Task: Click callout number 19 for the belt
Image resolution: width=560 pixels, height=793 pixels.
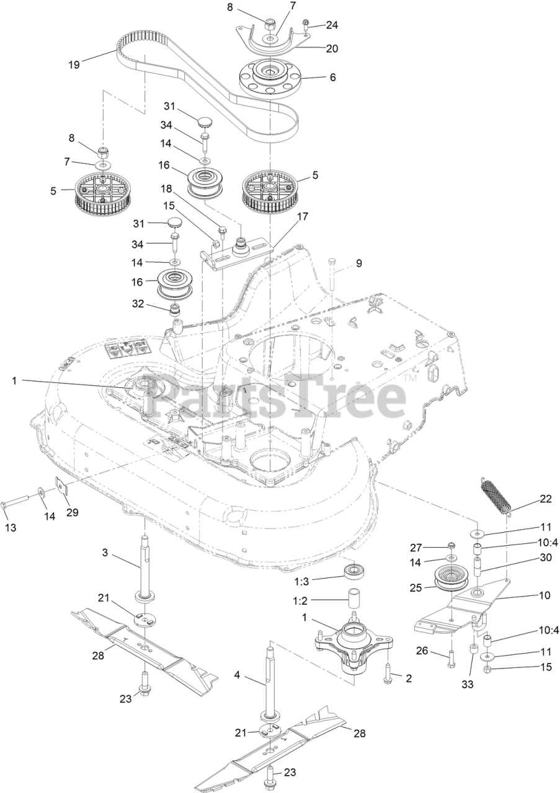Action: tap(74, 64)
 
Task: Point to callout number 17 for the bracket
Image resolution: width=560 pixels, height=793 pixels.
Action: tap(302, 216)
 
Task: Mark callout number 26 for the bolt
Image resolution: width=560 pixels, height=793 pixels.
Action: tap(422, 651)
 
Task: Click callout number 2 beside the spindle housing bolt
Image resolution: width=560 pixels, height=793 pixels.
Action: tap(409, 678)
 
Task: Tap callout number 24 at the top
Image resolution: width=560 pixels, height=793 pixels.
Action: tap(332, 25)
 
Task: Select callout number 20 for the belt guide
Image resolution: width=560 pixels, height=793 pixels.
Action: tap(332, 48)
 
